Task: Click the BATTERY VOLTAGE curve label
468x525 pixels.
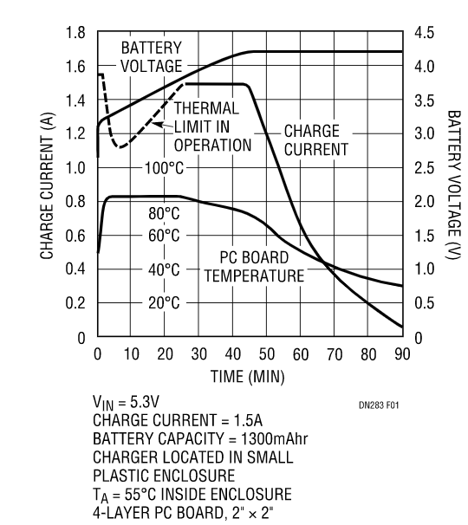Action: (152, 56)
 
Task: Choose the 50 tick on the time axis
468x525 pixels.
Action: (267, 353)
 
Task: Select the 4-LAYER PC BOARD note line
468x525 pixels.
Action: (198, 511)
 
